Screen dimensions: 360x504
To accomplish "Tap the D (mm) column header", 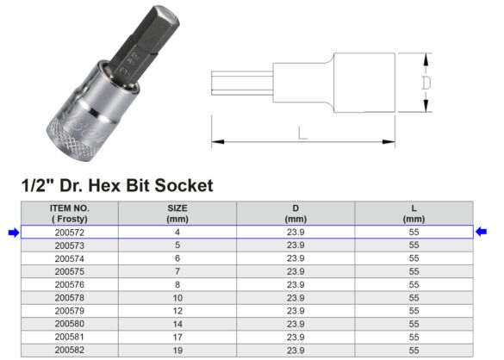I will pyautogui.click(x=296, y=213).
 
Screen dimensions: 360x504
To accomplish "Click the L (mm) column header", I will pyautogui.click(x=414, y=213).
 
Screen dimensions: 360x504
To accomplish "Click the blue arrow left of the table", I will pyautogui.click(x=11, y=232).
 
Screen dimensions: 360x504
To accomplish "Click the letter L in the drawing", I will pyautogui.click(x=302, y=133).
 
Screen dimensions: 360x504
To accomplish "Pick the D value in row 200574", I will pyautogui.click(x=296, y=258).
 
